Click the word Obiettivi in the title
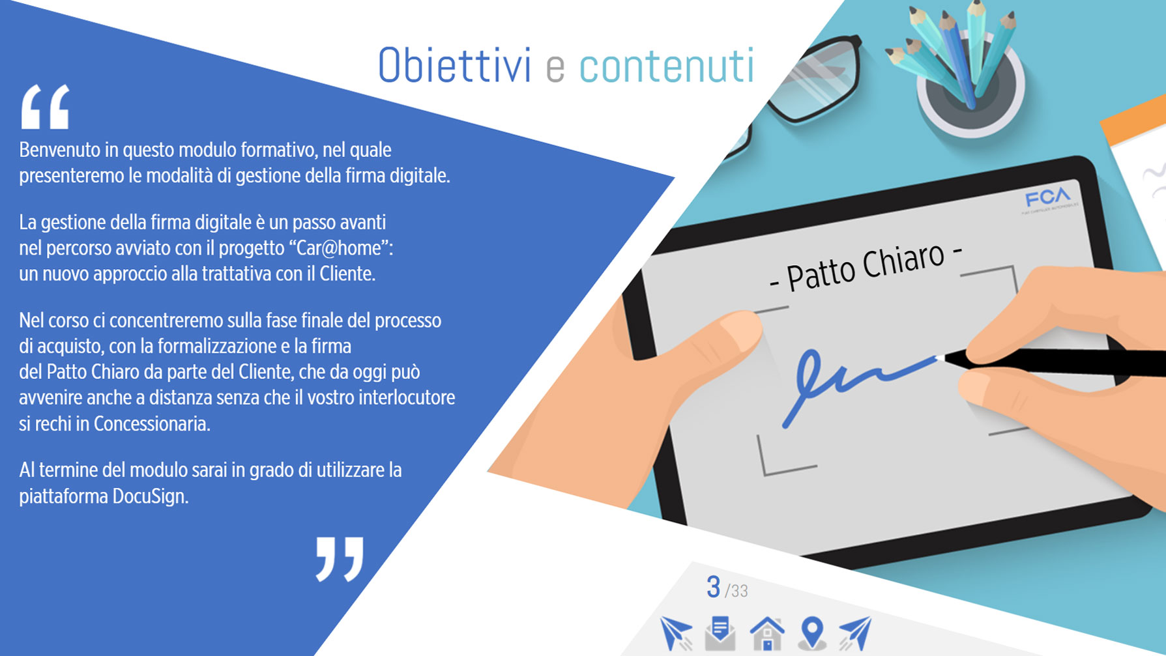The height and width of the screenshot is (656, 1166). click(454, 65)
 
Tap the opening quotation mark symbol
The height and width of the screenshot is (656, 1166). click(45, 106)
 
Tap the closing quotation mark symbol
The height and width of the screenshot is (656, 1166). click(340, 559)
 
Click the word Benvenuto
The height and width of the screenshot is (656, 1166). click(61, 150)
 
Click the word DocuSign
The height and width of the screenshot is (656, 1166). click(150, 496)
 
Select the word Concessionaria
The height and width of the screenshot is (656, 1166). click(152, 424)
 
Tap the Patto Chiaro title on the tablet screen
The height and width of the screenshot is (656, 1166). click(866, 266)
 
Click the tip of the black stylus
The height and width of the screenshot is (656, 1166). click(939, 357)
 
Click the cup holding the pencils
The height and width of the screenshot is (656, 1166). click(971, 91)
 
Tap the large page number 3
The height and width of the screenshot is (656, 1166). click(713, 587)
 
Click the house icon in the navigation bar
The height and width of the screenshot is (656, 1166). click(766, 633)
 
